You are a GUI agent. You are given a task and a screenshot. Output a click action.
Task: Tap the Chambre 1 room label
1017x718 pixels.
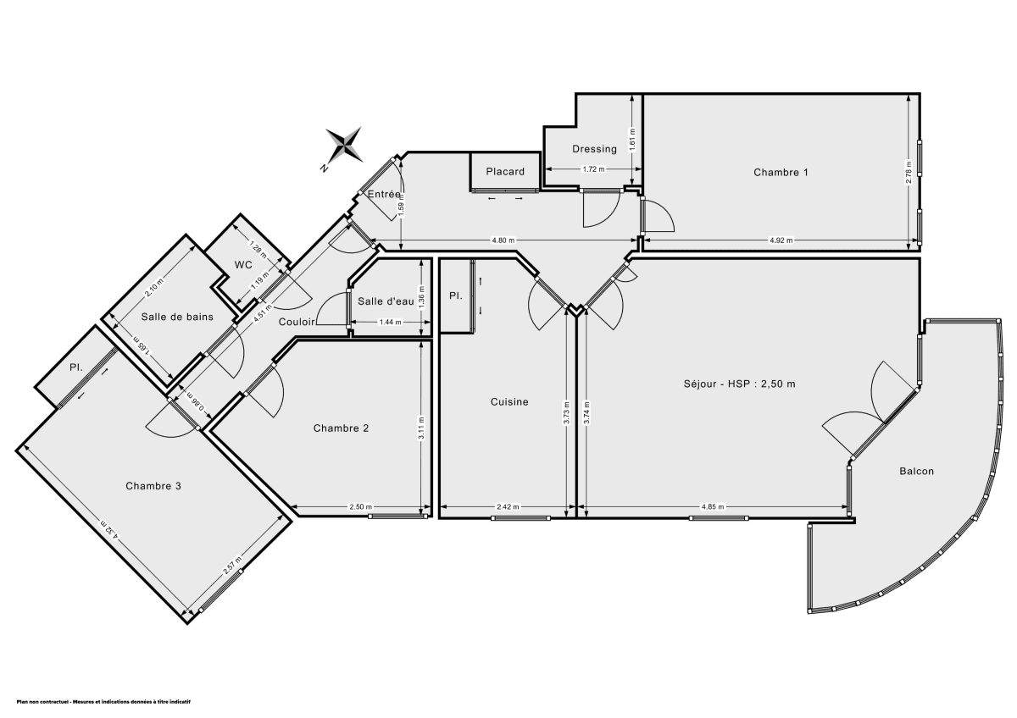coord(781,173)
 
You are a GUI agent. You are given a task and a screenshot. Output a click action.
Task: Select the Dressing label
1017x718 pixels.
coord(594,149)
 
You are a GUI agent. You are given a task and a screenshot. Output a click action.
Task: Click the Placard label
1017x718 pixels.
coord(505,172)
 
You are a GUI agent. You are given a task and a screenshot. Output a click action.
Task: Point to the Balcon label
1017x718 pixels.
coord(916,472)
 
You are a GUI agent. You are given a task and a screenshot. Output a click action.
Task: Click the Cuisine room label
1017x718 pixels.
coord(509,402)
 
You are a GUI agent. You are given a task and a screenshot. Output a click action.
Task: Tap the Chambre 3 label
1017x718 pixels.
coord(153,486)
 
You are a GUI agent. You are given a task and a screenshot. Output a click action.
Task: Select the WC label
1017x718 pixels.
coord(244,265)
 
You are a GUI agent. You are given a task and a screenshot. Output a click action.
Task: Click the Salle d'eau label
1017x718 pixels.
coord(386,302)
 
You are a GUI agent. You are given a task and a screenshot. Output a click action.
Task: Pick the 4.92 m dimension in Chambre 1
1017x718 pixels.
coord(781,240)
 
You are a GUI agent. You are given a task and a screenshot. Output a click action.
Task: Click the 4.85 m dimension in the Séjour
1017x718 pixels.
coord(712,507)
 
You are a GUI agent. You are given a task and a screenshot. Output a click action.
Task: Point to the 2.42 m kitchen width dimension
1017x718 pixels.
coord(508,507)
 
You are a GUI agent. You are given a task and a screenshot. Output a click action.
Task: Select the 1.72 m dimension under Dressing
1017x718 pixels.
coord(593,169)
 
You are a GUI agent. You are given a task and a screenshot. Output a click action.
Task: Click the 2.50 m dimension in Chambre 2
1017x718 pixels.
coord(360,507)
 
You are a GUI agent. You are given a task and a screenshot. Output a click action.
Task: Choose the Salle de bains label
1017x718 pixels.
coord(177,318)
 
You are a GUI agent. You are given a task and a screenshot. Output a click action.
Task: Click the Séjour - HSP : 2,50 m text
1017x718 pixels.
coord(739,384)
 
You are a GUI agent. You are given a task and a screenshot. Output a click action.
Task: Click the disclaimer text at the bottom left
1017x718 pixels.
coord(104,702)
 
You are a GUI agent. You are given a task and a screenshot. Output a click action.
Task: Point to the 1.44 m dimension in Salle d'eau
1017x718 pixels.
coord(389,322)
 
